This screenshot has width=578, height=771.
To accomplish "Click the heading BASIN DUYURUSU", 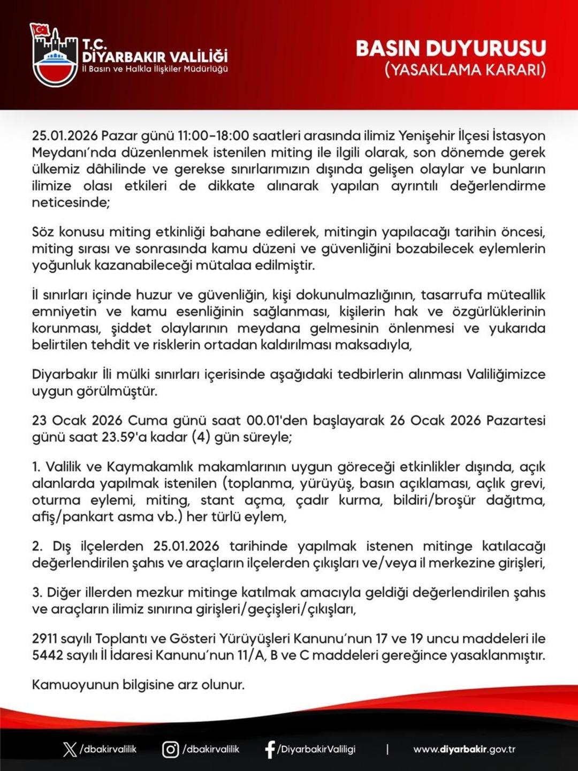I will pos(451,48).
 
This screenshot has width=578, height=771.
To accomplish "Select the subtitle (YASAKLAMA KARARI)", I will pos(465,70).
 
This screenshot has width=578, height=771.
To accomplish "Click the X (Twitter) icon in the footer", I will pos(70,749).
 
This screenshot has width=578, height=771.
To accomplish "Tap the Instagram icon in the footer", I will pos(170,749).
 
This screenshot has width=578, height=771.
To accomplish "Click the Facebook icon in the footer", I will pos(270,749).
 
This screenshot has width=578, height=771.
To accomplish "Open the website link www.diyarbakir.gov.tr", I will pos(464,749).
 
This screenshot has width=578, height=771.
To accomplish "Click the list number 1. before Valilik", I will pos(36,467).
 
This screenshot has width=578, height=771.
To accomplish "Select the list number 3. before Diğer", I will pos(37,592).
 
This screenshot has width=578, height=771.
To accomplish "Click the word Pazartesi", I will pos(515,420).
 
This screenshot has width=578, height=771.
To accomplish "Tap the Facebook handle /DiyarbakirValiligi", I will pos(316,749).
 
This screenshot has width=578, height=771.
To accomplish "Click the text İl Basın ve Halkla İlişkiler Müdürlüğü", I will pos(155,70).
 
